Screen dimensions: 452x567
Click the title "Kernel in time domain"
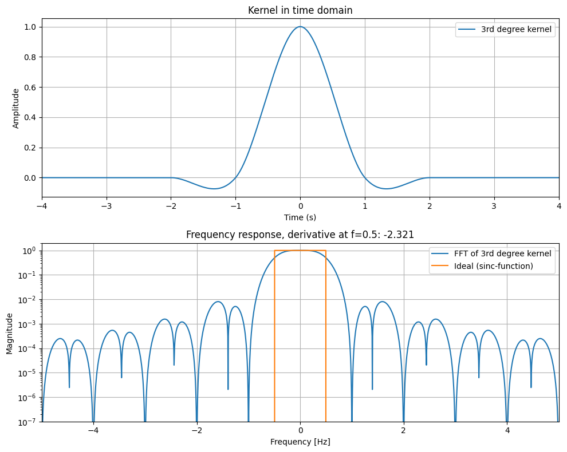point(300,10)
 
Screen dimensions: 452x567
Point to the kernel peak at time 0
point(300,26)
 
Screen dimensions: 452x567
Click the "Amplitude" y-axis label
point(16,108)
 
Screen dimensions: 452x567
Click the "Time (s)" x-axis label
point(300,217)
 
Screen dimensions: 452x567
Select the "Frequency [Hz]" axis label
point(300,442)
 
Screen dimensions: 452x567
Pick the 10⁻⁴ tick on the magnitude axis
point(27,348)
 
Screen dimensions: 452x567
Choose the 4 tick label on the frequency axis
point(507,430)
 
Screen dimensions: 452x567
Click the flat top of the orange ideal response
point(300,251)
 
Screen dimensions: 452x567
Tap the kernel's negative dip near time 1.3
point(386,188)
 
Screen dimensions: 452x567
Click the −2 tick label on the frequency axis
point(196,430)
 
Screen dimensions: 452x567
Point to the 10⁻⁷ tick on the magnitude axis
point(27,422)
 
